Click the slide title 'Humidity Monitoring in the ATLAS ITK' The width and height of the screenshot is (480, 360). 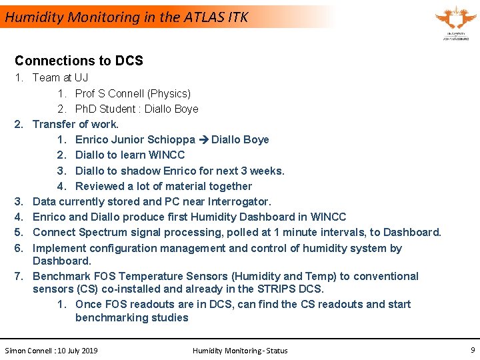127,17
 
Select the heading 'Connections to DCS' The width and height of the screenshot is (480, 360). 79,61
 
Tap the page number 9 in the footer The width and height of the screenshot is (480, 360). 472,349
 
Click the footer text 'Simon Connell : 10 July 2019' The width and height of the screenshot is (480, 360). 51,350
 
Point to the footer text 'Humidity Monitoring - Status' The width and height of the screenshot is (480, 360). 240,350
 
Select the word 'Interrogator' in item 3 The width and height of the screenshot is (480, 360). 239,201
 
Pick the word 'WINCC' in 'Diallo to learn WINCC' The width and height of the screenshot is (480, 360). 168,155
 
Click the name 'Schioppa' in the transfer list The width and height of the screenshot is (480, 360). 173,140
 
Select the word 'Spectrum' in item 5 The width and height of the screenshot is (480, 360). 101,232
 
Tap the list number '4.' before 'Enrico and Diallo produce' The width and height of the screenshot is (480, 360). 20,217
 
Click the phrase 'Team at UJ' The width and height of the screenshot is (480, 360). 60,77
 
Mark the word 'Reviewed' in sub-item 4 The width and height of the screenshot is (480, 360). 100,186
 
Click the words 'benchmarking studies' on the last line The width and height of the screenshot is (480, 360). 132,317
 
